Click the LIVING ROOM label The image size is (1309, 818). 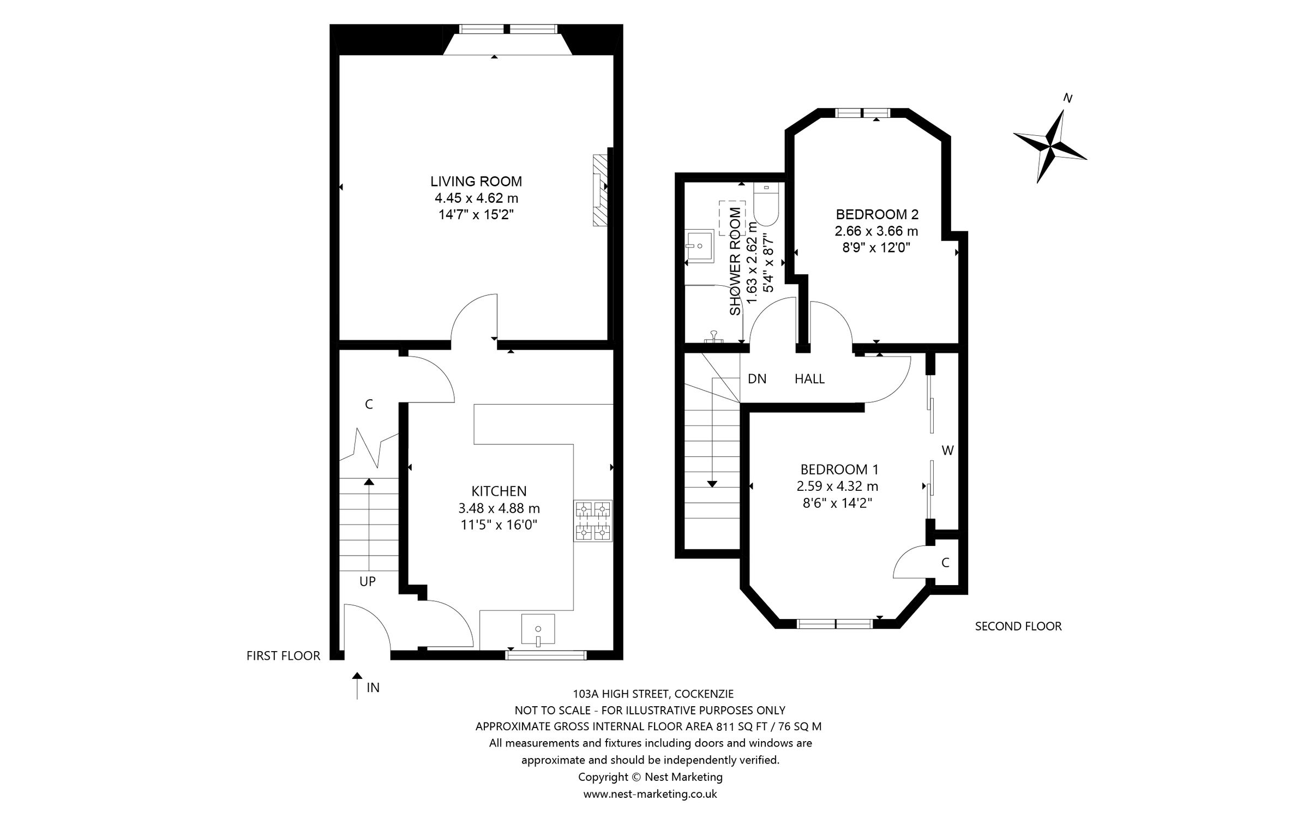coord(476,181)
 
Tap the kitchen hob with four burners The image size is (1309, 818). coord(593,520)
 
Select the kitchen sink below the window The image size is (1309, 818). coord(538,629)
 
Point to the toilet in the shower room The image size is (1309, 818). coord(766,204)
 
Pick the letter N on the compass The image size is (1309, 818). coord(1068,99)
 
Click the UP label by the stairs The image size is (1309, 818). coord(367,581)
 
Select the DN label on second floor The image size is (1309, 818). coord(756,378)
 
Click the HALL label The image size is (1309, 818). coord(809,378)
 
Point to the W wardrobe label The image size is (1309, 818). coord(947,450)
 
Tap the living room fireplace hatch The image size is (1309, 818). coord(599,190)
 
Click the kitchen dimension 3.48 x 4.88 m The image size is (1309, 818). coord(499,508)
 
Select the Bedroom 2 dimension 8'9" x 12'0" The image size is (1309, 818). coord(876,248)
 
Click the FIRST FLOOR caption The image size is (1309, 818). coord(283,655)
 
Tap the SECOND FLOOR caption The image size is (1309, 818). coord(1018,626)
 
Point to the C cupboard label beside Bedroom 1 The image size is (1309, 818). coord(945,562)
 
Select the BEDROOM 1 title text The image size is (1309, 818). coord(839,469)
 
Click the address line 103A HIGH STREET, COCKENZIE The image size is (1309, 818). coord(653,694)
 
